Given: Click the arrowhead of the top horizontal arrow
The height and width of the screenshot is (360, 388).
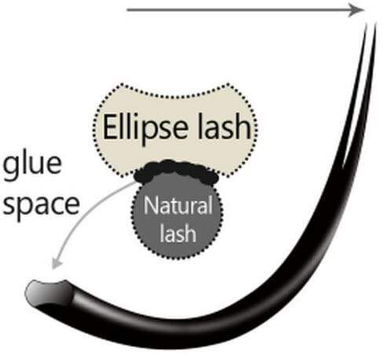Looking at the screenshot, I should pyautogui.click(x=358, y=9).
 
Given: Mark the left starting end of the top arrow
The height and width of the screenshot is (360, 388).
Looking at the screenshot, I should pyautogui.click(x=127, y=9).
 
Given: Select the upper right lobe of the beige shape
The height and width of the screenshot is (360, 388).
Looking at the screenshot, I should pyautogui.click(x=243, y=92).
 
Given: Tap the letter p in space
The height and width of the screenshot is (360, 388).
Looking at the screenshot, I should pyautogui.click(x=28, y=206).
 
